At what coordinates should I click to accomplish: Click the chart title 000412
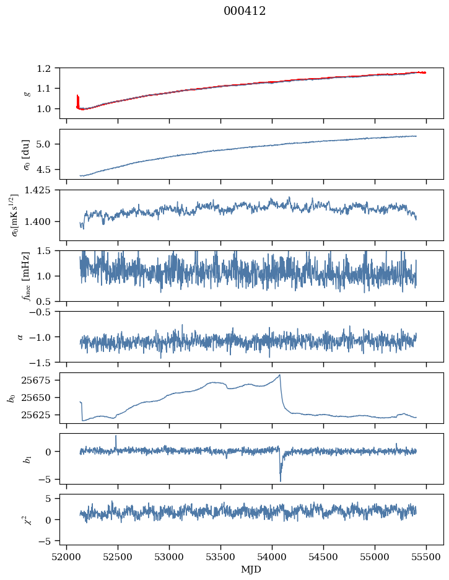click(245, 11)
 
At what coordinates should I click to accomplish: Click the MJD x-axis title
click(251, 569)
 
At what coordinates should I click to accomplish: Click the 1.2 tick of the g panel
click(48, 68)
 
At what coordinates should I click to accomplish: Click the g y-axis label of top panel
click(26, 93)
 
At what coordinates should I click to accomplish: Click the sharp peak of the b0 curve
click(280, 375)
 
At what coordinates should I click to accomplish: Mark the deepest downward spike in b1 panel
click(280, 481)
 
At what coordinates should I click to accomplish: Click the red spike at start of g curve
click(77, 96)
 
